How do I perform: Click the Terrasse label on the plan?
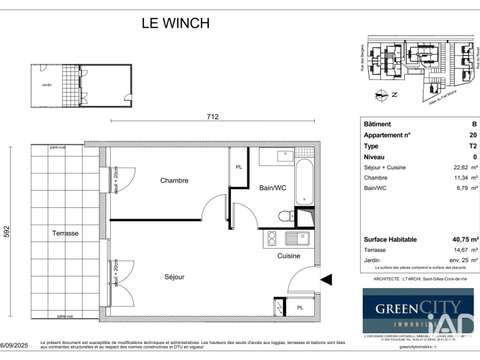(x=66, y=231)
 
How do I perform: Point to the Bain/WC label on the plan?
(x=276, y=187)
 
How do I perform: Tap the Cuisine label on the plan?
(x=289, y=255)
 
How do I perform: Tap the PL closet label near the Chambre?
(x=238, y=166)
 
